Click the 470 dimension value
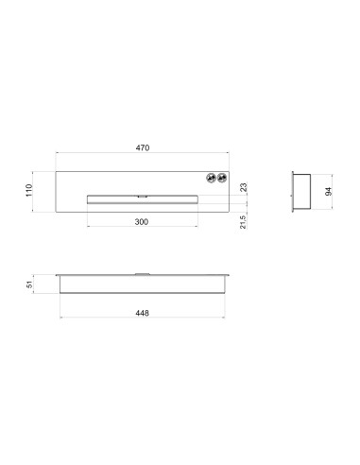tap(143, 147)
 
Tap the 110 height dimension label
tap(29, 191)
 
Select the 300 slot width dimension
tap(142, 222)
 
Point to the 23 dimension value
tap(244, 187)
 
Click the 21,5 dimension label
tap(243, 222)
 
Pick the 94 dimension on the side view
tap(329, 191)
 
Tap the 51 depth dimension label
tap(29, 284)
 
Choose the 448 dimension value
tap(142, 313)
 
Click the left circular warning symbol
tap(212, 178)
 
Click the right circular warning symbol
tap(222, 178)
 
